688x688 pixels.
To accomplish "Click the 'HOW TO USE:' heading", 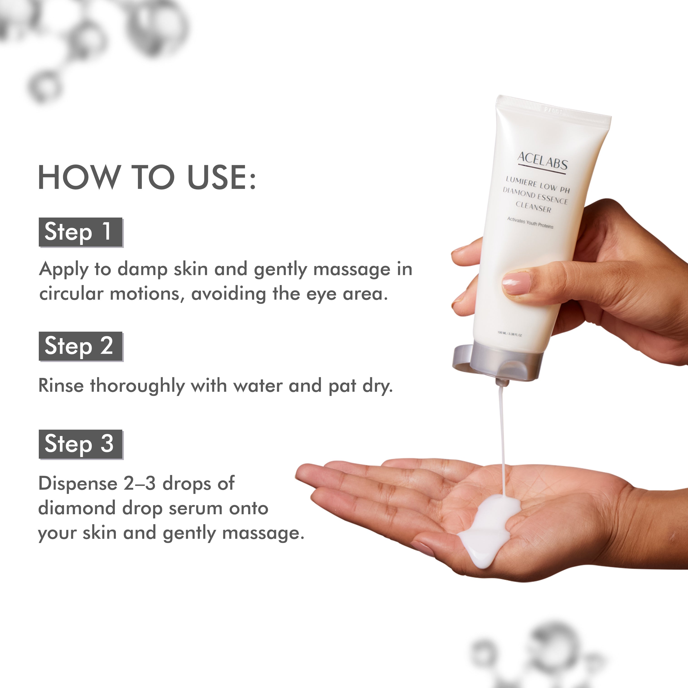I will (x=147, y=177).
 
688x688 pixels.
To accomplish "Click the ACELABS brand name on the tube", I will (x=542, y=161).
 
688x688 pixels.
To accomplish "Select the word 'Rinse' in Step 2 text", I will (x=61, y=386).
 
